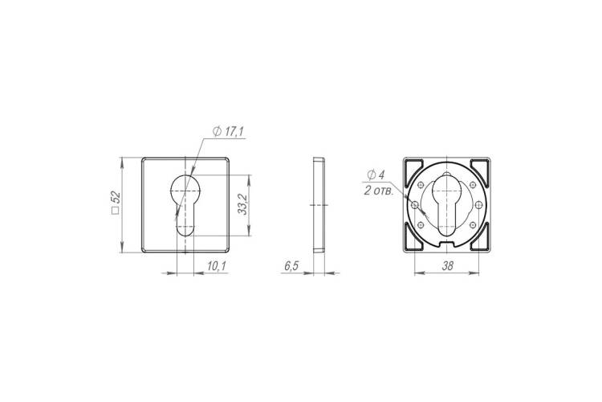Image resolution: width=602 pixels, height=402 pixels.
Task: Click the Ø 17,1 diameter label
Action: tap(229, 132)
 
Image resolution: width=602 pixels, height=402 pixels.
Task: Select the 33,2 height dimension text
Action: tap(242, 204)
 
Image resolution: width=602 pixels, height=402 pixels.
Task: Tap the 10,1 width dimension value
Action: tap(217, 266)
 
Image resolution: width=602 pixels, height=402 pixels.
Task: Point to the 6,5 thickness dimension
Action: tap(291, 266)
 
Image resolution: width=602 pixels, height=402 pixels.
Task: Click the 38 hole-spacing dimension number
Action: tap(447, 266)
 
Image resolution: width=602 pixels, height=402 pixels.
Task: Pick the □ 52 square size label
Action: tap(116, 203)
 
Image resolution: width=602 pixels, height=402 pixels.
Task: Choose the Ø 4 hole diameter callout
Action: tap(376, 175)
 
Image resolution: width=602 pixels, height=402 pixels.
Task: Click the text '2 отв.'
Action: tap(379, 191)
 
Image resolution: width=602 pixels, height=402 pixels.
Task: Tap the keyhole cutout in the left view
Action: tap(185, 204)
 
